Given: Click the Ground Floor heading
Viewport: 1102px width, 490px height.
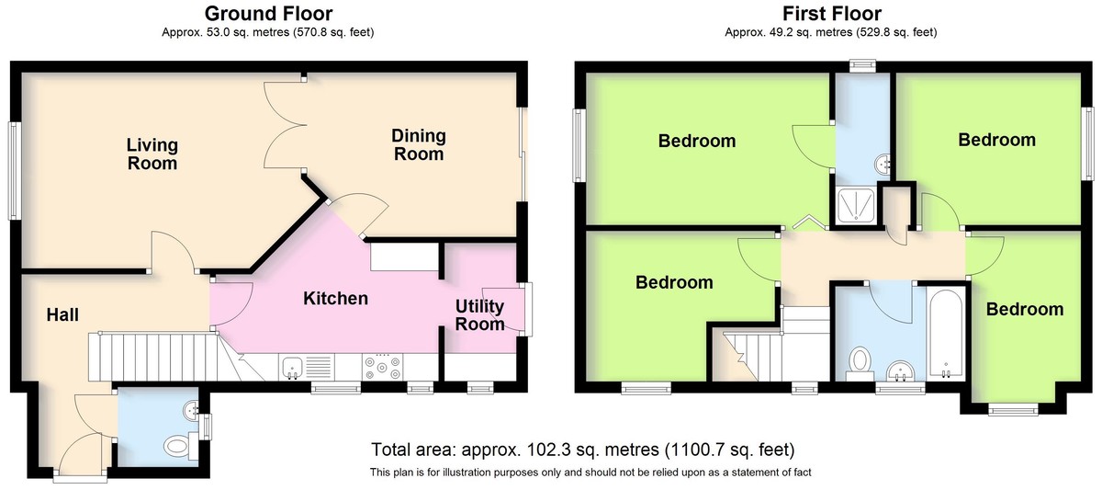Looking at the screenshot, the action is click(268, 13).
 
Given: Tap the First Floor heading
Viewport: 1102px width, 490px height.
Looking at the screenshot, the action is click(831, 13).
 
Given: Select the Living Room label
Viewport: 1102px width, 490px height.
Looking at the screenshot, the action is click(152, 154).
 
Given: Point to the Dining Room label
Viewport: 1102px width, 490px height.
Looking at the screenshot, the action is click(419, 144).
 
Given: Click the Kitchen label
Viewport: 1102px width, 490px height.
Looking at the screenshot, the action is click(335, 299).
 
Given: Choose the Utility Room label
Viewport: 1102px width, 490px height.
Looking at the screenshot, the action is click(479, 315).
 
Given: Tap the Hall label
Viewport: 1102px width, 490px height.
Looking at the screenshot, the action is click(62, 315).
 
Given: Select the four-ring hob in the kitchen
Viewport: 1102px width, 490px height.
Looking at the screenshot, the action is click(382, 368).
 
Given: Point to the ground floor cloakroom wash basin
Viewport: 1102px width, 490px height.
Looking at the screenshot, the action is click(191, 410).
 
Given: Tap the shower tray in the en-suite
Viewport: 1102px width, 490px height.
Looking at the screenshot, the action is click(856, 205).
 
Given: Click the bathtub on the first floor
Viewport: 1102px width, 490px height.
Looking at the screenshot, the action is click(946, 335).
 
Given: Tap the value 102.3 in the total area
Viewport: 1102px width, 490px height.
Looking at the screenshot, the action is click(543, 450).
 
